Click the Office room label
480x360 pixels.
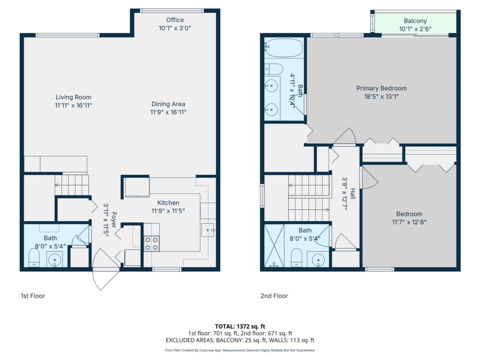[175, 20]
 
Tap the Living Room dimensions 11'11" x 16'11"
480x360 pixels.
[74, 105]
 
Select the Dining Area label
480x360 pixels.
[168, 104]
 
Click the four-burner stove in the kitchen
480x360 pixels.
[151, 243]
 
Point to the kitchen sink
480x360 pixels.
[208, 230]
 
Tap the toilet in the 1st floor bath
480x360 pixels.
[34, 258]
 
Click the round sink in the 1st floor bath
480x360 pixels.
[54, 260]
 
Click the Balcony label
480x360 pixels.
[415, 21]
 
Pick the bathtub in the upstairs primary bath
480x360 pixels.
[284, 47]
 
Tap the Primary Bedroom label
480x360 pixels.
[382, 88]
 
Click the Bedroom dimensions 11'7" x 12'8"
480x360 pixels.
[409, 222]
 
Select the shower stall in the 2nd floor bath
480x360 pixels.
[274, 246]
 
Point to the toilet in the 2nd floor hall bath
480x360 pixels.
[296, 258]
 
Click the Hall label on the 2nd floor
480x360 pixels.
[353, 194]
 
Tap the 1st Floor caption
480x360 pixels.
[33, 296]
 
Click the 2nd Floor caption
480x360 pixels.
[274, 296]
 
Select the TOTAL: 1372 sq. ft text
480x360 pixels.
[240, 326]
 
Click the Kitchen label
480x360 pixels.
[168, 202]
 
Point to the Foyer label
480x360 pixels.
[113, 220]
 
